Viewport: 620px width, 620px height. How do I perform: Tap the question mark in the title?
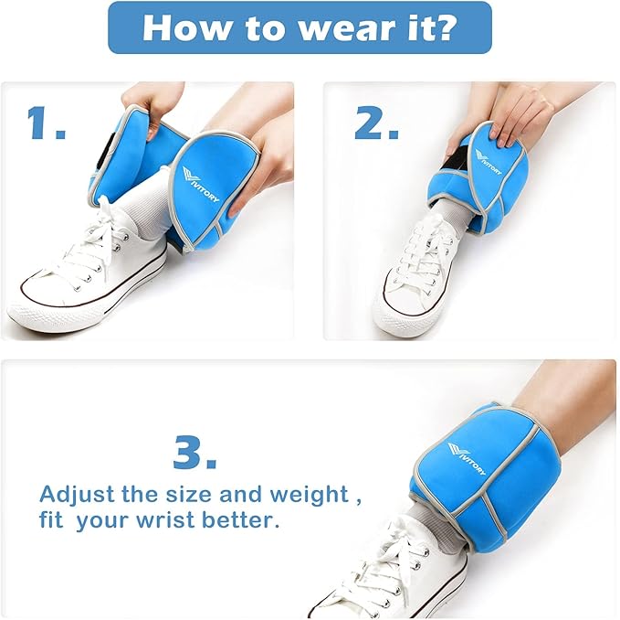coord(442,27)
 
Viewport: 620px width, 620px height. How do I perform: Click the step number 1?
coord(46,123)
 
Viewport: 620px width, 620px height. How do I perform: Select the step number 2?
coord(376,123)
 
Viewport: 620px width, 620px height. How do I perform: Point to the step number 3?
coord(194,452)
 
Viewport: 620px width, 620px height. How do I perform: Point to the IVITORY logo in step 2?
coord(488,162)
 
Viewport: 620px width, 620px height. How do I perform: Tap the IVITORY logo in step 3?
coord(467,459)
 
